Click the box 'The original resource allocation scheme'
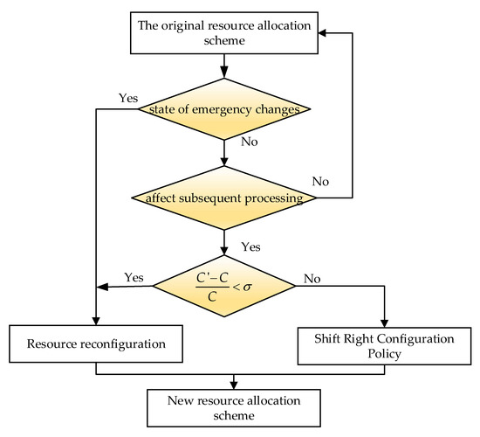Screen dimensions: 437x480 point(226,33)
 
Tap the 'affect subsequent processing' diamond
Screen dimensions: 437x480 point(226,197)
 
